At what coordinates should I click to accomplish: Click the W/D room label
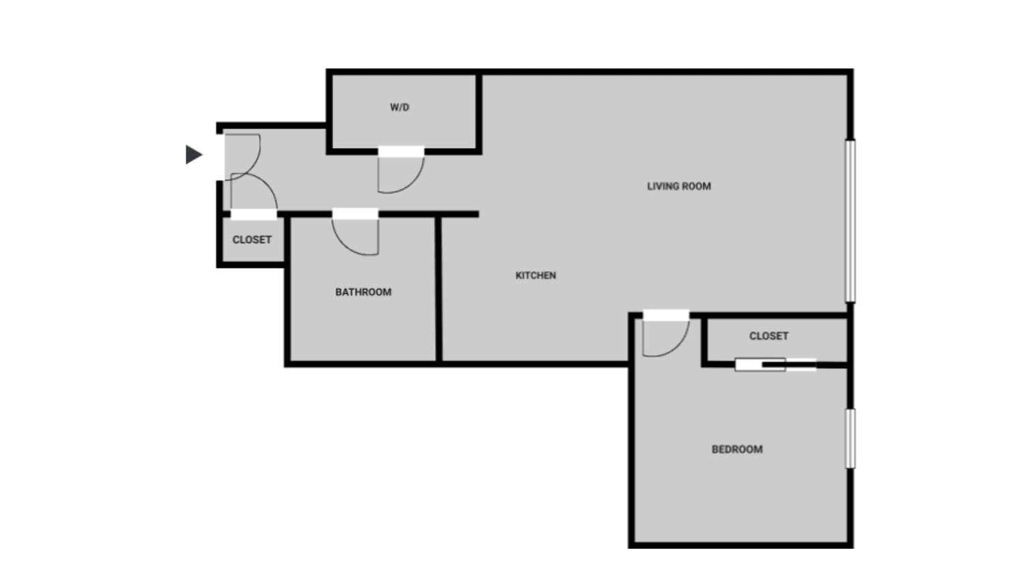pyautogui.click(x=399, y=107)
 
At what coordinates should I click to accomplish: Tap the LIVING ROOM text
pyautogui.click(x=679, y=186)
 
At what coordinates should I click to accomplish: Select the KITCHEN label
pyautogui.click(x=536, y=275)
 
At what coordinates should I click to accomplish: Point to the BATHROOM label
pyautogui.click(x=363, y=292)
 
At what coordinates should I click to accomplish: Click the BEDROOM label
pyautogui.click(x=737, y=449)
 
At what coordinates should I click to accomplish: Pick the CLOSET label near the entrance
pyautogui.click(x=252, y=239)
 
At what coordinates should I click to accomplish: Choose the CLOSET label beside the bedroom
pyautogui.click(x=769, y=336)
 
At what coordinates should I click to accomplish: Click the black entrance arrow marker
pyautogui.click(x=194, y=155)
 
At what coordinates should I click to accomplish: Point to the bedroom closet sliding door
pyautogui.click(x=775, y=365)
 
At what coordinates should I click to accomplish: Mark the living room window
pyautogui.click(x=850, y=220)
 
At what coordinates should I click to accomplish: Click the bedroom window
pyautogui.click(x=850, y=438)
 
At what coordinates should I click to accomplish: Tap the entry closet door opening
pyautogui.click(x=254, y=214)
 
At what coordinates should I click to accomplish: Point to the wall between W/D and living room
pyautogui.click(x=479, y=113)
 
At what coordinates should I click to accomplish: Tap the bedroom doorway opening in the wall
pyautogui.click(x=666, y=315)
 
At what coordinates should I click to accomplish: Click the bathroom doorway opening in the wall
pyautogui.click(x=355, y=214)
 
